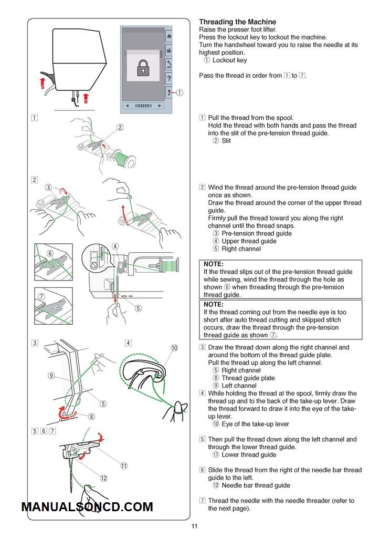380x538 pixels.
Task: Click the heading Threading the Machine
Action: click(237, 22)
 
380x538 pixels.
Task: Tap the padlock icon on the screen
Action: click(142, 67)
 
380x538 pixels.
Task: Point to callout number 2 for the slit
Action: click(120, 127)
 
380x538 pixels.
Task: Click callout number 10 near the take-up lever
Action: click(174, 348)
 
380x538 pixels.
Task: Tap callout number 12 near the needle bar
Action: click(104, 478)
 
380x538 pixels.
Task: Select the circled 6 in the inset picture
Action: click(50, 253)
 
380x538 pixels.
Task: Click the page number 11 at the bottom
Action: click(194, 527)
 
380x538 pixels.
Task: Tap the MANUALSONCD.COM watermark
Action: click(87, 507)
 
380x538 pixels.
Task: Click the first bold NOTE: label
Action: click(214, 264)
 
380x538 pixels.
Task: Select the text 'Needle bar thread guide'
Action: click(256, 485)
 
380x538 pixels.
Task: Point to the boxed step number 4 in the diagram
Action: click(128, 343)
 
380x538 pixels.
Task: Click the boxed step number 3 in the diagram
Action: click(34, 343)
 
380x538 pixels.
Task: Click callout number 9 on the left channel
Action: click(51, 376)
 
